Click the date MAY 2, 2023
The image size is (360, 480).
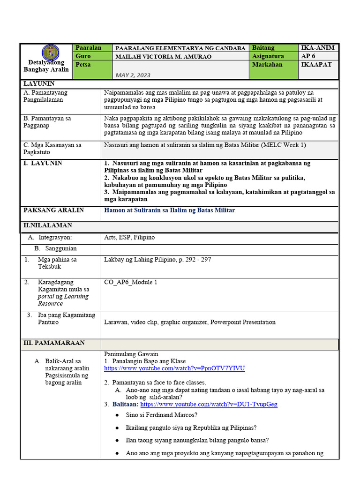coord(133,75)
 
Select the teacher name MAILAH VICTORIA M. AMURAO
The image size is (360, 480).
coord(164,57)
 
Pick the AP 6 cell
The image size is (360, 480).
coord(309,56)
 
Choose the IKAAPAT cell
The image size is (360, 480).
coord(316,65)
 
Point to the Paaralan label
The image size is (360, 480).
coord(89,48)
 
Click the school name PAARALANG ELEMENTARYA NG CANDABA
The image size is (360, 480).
coord(180,48)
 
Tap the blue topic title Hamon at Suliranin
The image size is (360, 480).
coord(169,210)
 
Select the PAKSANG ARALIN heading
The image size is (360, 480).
coord(54,210)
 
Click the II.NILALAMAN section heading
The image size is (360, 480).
coord(48,225)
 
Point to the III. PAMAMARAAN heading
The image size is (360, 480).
coord(54,343)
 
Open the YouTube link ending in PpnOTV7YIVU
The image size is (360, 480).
coord(174,368)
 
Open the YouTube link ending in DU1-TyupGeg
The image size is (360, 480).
coord(209,404)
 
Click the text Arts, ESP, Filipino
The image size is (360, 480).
coord(129,238)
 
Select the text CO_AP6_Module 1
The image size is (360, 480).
coord(131,282)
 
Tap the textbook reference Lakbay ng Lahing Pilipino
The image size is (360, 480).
coord(157,260)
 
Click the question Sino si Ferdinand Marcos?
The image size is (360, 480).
coord(162,415)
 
